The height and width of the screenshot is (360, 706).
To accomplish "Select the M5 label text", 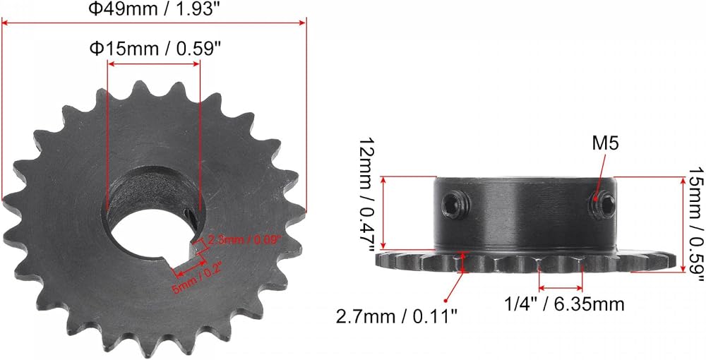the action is (605, 144).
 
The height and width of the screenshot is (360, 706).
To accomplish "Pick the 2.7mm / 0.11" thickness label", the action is (397, 317).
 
